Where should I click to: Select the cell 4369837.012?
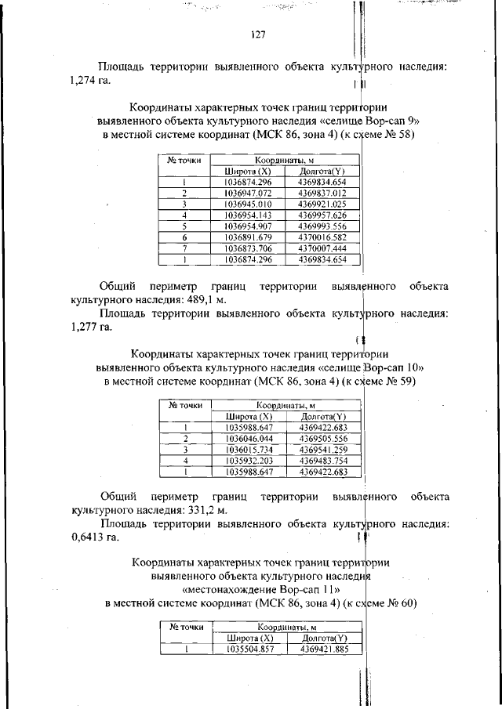(x=322, y=192)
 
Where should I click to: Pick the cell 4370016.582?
(x=322, y=236)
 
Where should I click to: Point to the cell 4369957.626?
(x=322, y=214)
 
